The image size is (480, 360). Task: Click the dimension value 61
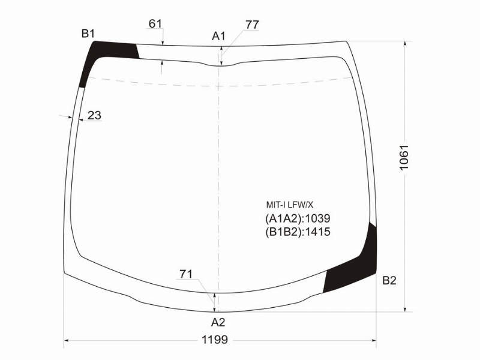[x=155, y=23]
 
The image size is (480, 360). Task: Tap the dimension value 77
[x=252, y=25]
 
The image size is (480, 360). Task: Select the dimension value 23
[x=94, y=115]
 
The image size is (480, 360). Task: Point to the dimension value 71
[x=186, y=274]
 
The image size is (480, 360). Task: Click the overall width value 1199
[x=215, y=340]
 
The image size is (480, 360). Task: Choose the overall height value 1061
[x=404, y=157]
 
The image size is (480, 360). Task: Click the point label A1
[x=218, y=36]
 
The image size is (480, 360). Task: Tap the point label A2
[x=218, y=322]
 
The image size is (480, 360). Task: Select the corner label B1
[x=88, y=34]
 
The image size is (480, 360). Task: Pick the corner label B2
[x=389, y=280]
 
